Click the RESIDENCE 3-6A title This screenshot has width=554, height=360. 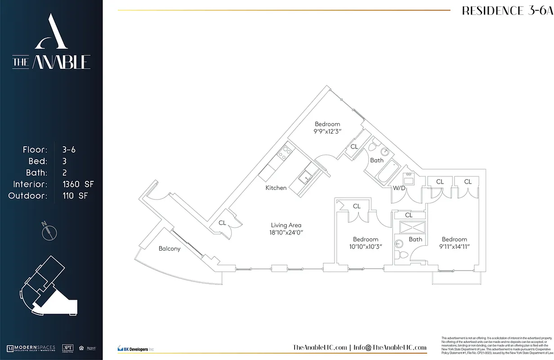[x=507, y=11]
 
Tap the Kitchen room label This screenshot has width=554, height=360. [x=276, y=188]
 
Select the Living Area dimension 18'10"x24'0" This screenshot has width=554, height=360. [x=286, y=233]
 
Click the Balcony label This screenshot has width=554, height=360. [x=170, y=248]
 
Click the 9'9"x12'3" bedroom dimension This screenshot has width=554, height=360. [x=327, y=132]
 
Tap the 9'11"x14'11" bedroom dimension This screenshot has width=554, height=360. [x=454, y=247]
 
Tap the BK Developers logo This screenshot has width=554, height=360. [x=135, y=348]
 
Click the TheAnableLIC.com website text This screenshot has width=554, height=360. [x=320, y=347]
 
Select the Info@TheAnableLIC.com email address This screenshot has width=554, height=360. [x=389, y=347]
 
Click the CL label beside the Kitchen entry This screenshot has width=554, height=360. [x=222, y=223]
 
